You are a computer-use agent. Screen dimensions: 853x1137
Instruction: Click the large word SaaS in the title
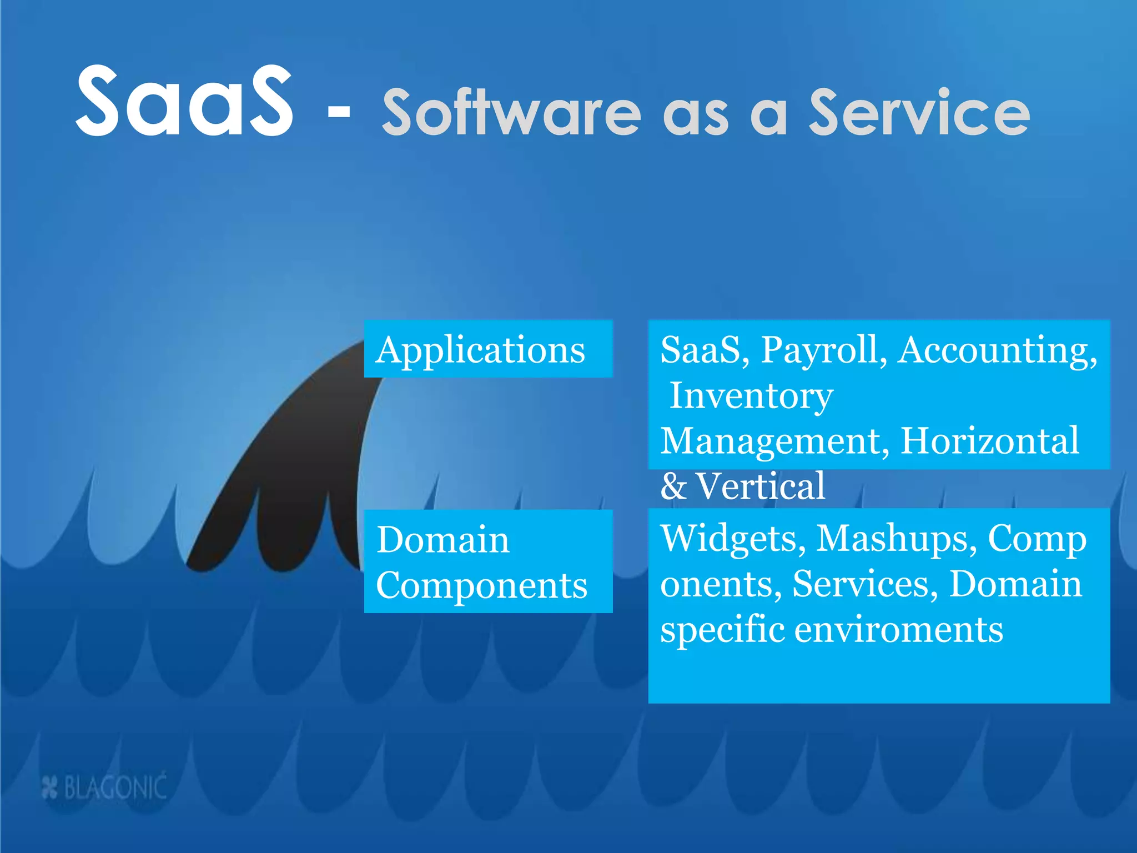coord(184,101)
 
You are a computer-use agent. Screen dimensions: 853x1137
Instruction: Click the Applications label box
coord(487,349)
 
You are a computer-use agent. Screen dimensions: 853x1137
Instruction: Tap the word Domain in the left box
coord(442,540)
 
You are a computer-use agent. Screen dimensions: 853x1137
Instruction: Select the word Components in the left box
coord(481,585)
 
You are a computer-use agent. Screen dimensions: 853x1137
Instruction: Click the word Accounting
coord(997,350)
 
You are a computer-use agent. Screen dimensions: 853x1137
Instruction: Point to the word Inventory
coord(751,395)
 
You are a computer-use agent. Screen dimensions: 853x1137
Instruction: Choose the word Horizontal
coord(989,441)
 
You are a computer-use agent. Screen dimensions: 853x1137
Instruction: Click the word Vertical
coord(760,486)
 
